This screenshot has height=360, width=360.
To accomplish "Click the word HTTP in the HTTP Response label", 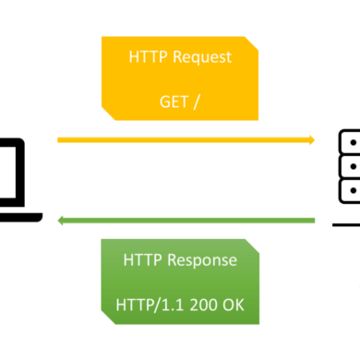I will pos(143,260).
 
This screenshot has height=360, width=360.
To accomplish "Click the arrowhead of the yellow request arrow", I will pos(311,140).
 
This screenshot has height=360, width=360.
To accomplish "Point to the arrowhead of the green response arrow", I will pos(61,220).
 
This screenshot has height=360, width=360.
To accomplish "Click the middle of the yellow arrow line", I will pos(185,140).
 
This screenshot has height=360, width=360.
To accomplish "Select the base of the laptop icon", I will pos(18,217).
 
